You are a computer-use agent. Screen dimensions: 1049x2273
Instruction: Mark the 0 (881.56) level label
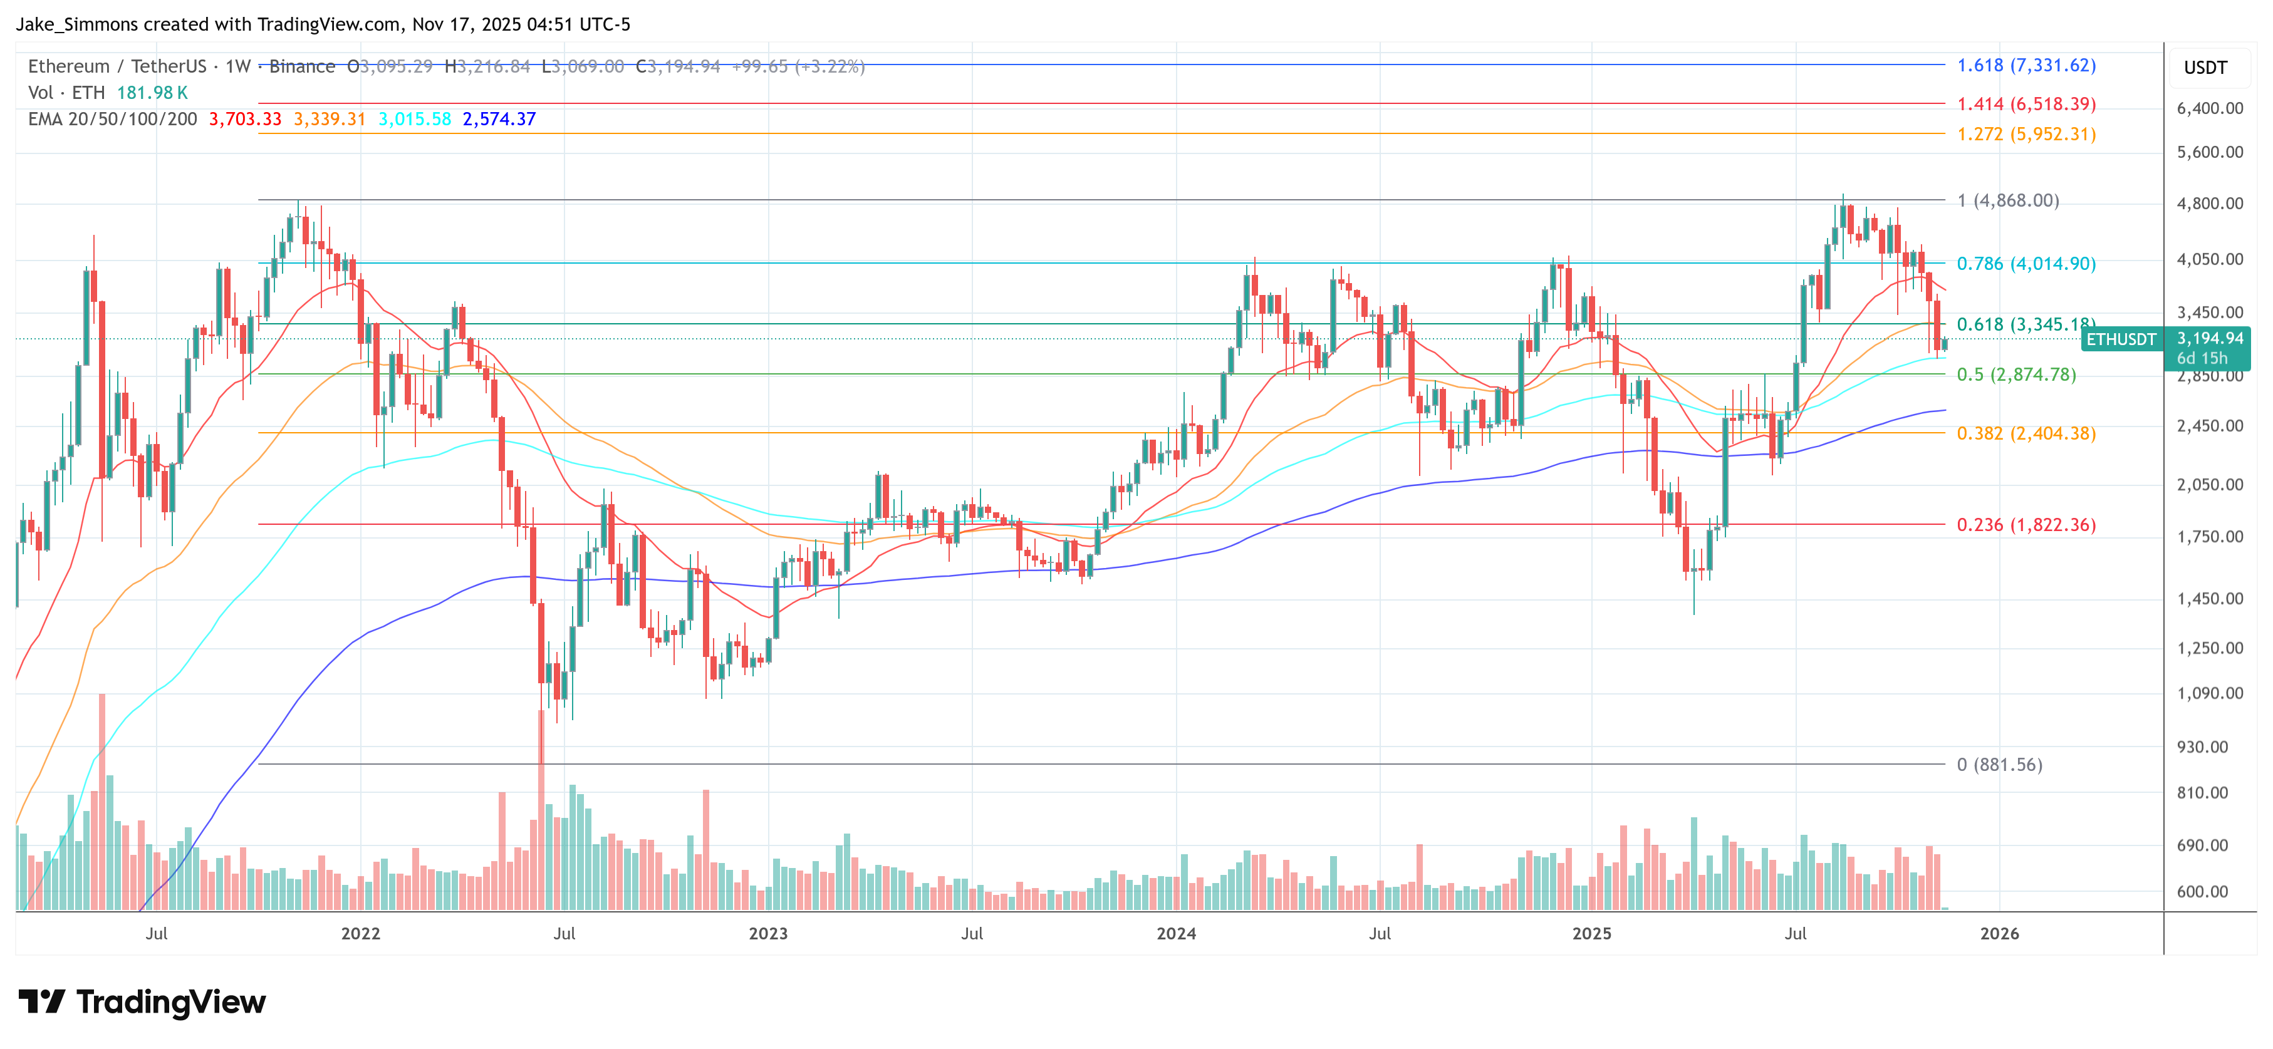pos(1999,764)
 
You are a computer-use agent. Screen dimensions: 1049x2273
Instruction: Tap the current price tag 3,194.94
pos(2210,339)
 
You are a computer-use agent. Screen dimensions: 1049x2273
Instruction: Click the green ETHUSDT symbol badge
pos(2120,339)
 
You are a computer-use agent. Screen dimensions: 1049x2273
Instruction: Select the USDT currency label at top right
pos(2205,68)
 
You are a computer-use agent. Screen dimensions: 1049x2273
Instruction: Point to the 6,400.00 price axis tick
pos(2210,108)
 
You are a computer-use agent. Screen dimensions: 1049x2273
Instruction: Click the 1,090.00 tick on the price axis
pos(2210,693)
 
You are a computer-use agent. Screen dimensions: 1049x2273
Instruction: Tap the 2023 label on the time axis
pos(767,933)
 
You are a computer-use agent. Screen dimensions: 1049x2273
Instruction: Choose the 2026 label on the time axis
pos(1999,933)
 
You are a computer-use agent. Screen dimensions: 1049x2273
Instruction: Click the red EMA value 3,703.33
pos(244,119)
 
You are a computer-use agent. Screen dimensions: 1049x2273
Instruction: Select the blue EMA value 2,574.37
pos(499,119)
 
